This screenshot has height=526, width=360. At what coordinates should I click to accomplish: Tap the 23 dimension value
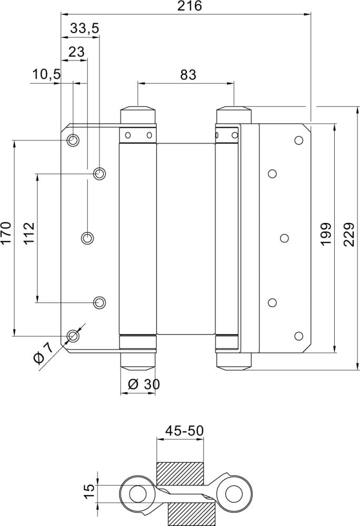pyautogui.click(x=76, y=52)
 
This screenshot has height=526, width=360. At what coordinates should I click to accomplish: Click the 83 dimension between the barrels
pyautogui.click(x=188, y=74)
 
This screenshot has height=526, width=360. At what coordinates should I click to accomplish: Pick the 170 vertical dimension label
pyautogui.click(x=6, y=233)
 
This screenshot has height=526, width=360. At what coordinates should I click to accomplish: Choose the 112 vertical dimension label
pyautogui.click(x=29, y=233)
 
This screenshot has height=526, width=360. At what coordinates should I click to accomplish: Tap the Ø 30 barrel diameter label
pyautogui.click(x=143, y=385)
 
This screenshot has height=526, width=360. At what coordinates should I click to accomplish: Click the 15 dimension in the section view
pyautogui.click(x=90, y=492)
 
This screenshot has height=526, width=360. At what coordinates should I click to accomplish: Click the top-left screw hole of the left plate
pyautogui.click(x=73, y=140)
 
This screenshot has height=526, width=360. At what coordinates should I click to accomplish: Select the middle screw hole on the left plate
pyautogui.click(x=87, y=238)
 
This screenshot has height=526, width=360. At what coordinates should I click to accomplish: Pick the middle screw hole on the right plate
pyautogui.click(x=284, y=238)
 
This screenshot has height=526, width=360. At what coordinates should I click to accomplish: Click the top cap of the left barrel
pyautogui.click(x=138, y=115)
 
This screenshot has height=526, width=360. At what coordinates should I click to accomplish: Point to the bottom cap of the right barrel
pyautogui.click(x=234, y=361)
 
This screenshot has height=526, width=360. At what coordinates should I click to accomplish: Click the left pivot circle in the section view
pyautogui.click(x=138, y=494)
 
